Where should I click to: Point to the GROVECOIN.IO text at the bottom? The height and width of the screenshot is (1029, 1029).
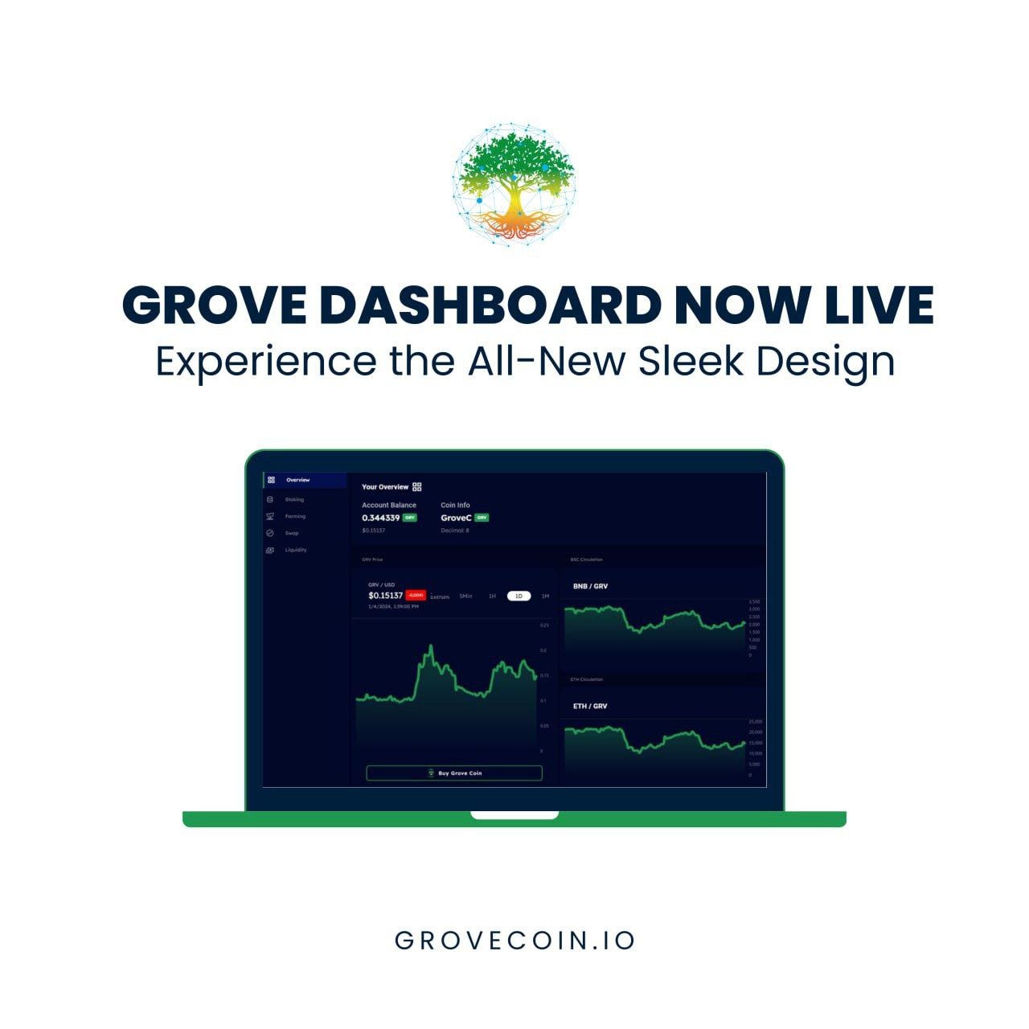[x=514, y=941]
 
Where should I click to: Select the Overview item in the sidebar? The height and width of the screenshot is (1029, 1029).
[x=297, y=480]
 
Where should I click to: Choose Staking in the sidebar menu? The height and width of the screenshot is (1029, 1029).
[x=294, y=499]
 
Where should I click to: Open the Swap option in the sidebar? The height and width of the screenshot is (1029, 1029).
[x=291, y=533]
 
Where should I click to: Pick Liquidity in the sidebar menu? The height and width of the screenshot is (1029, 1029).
[x=295, y=550]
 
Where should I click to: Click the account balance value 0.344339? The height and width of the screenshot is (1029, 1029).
[x=380, y=518]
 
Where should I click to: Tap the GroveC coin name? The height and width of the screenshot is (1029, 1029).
[x=456, y=518]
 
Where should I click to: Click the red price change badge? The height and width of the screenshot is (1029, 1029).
[x=416, y=595]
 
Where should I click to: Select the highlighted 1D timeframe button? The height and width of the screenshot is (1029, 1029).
[x=519, y=596]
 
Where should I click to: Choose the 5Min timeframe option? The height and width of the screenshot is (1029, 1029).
[x=465, y=596]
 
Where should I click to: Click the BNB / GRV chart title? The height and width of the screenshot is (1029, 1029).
[x=590, y=586]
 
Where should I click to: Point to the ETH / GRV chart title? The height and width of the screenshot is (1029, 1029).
[x=590, y=706]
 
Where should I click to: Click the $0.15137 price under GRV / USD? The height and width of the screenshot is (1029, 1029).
[x=385, y=595]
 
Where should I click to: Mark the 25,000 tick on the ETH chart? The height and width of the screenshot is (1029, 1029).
[x=755, y=722]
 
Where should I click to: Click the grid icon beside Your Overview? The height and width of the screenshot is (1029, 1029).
[x=416, y=486]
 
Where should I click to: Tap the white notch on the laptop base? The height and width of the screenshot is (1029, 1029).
[x=514, y=815]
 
